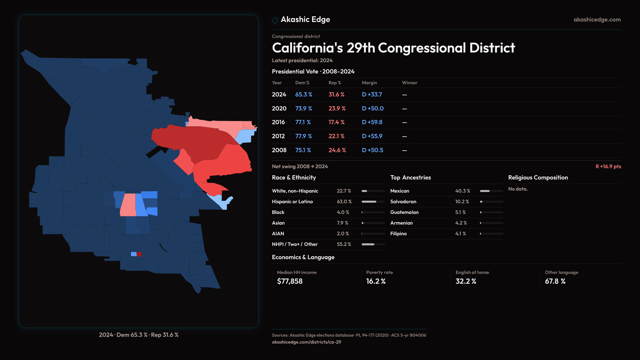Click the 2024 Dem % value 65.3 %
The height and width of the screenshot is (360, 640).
303,95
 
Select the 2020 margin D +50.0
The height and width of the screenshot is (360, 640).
373,109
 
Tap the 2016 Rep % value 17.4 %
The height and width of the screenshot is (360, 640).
336,122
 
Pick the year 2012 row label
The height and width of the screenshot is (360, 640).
278,136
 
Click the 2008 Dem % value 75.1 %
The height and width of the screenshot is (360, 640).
303,150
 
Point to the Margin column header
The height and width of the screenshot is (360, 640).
369,83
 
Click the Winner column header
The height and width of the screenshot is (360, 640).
409,83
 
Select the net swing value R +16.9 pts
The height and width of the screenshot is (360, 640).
608,166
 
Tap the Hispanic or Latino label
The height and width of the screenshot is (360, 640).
292,202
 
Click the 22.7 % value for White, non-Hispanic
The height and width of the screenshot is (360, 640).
344,191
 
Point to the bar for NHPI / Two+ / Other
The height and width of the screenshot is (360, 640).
373,244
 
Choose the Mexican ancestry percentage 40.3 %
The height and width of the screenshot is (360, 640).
462,191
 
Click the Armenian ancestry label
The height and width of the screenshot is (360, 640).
401,223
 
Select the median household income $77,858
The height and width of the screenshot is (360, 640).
290,281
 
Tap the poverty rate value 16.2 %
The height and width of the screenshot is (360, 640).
376,281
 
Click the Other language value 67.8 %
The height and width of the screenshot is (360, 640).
555,281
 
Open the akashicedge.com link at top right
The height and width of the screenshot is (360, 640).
597,20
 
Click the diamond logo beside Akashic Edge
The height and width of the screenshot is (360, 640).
275,20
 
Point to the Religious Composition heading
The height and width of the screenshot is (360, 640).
538,178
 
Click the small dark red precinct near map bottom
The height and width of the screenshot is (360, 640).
139,254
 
